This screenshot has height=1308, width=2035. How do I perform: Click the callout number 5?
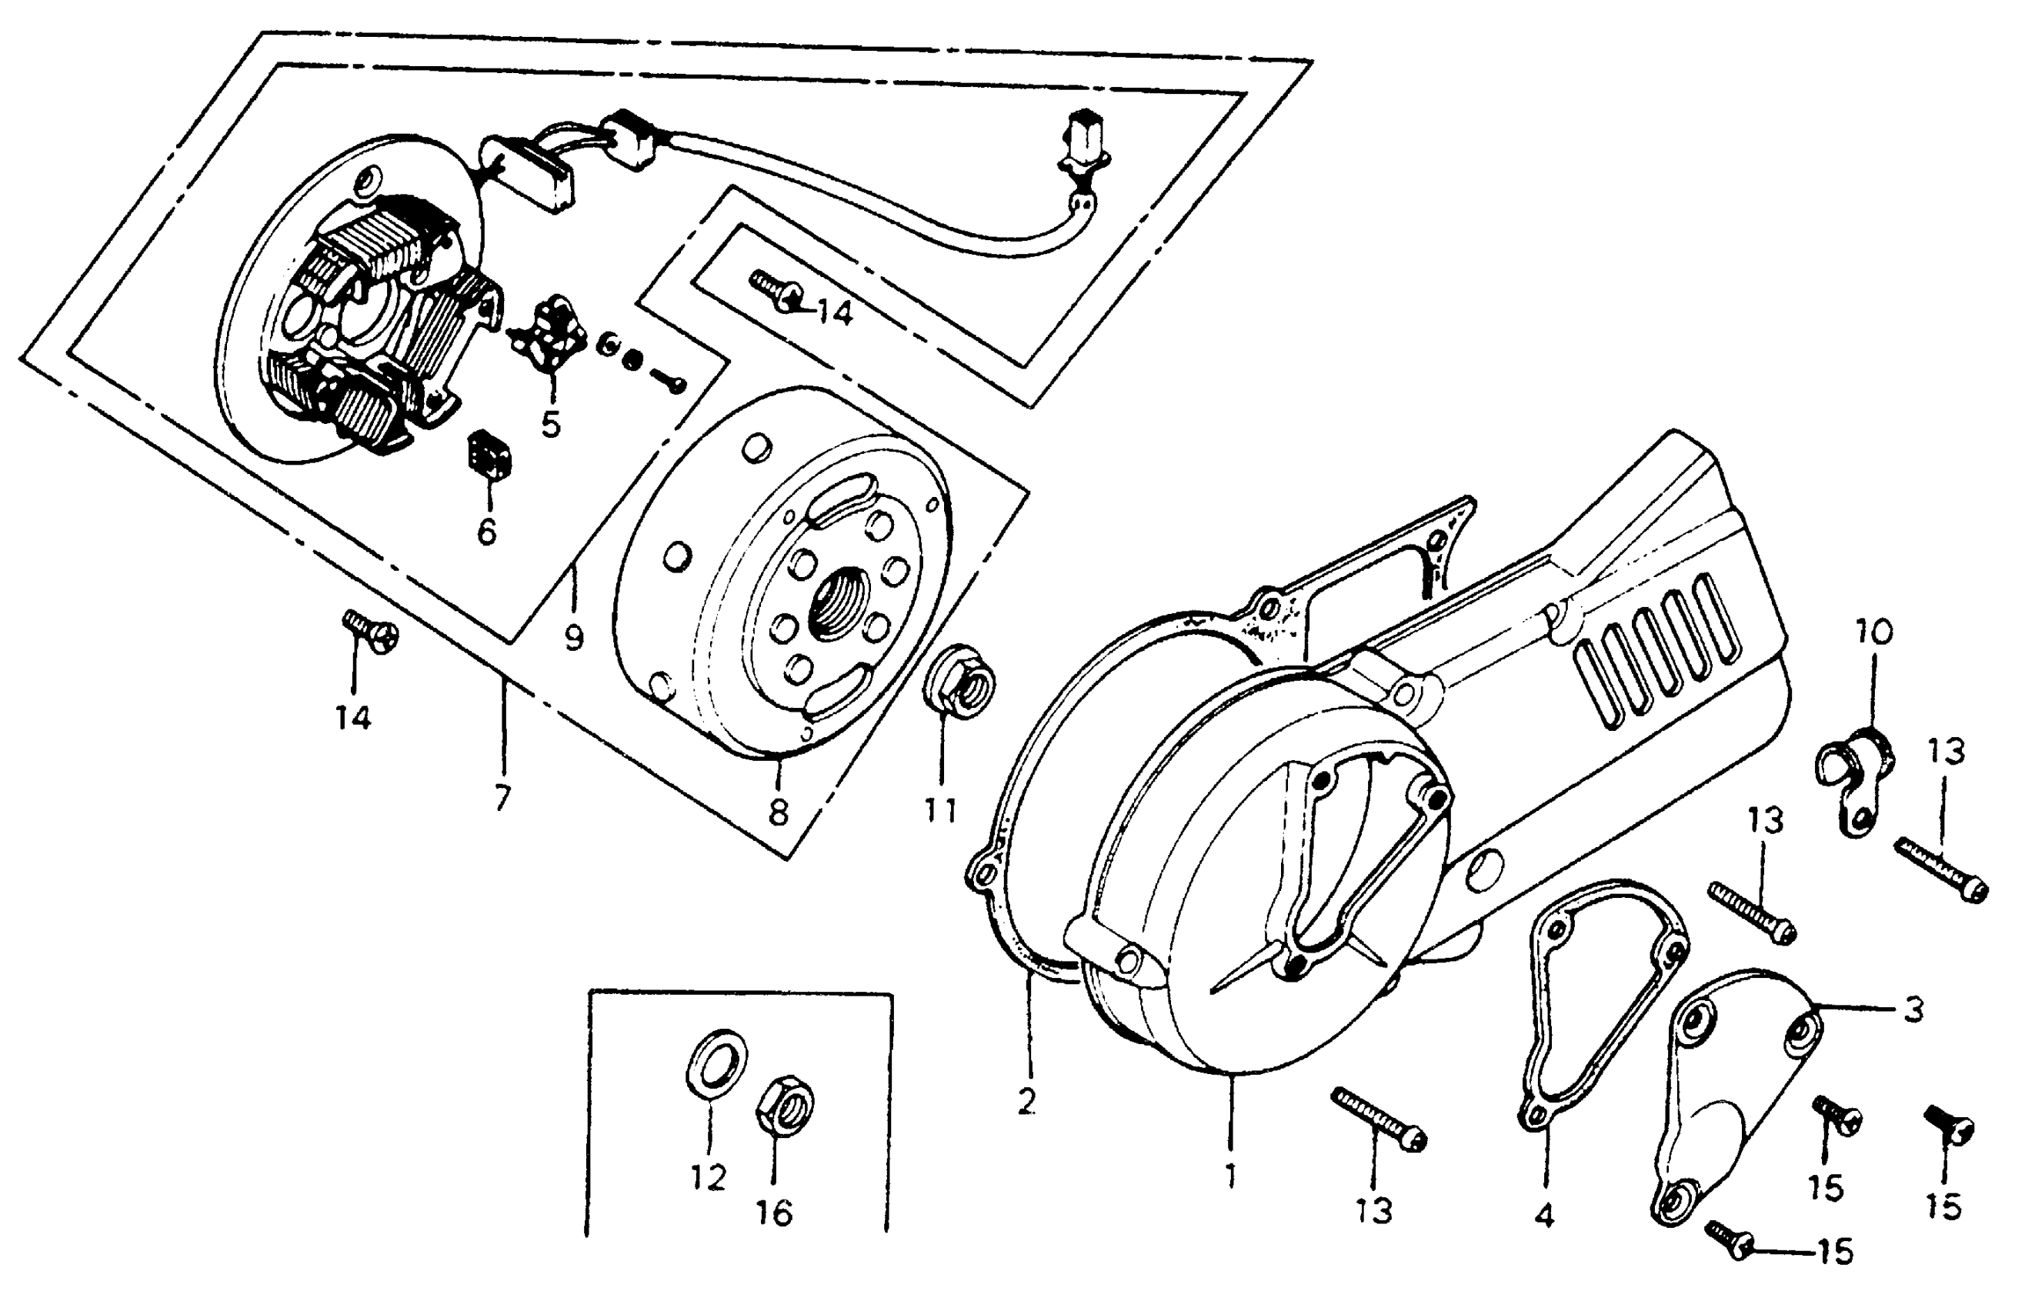pyautogui.click(x=551, y=423)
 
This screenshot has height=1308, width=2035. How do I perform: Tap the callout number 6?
pyautogui.click(x=487, y=532)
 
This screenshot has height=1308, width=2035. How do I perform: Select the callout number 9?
pyautogui.click(x=574, y=638)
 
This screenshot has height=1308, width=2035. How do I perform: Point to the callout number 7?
pyautogui.click(x=503, y=798)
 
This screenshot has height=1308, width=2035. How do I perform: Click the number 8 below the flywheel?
pyautogui.click(x=778, y=812)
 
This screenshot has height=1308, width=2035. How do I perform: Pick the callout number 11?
pyautogui.click(x=941, y=810)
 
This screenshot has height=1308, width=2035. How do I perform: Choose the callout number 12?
pyautogui.click(x=709, y=1178)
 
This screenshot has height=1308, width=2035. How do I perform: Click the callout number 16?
pyautogui.click(x=775, y=1213)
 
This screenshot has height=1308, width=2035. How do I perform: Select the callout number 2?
pyautogui.click(x=1027, y=1102)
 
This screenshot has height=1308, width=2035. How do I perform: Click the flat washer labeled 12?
pyautogui.click(x=717, y=1063)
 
